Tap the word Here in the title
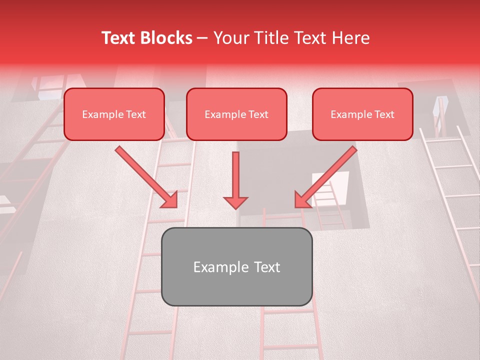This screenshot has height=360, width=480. coord(351,38)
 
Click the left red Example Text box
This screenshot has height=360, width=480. coord(114,114)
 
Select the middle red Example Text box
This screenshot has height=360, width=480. coord(236,114)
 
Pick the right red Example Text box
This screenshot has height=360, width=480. coord(362,114)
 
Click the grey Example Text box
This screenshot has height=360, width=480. coord(236,266)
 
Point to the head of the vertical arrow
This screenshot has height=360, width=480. coord(235,202)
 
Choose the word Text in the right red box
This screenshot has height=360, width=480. coord(384,114)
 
